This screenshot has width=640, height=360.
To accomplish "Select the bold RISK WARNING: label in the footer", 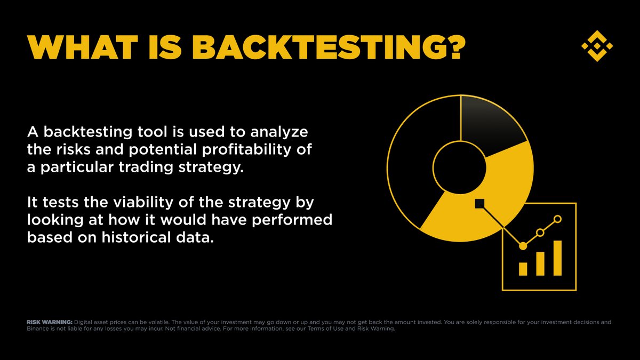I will (x=49, y=323).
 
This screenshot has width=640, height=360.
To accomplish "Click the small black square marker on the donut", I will (x=479, y=203).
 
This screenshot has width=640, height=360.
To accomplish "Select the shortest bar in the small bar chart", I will (x=523, y=268).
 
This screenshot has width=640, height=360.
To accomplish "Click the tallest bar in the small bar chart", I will (x=557, y=258).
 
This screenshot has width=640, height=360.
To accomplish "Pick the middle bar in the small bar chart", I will (x=540, y=263).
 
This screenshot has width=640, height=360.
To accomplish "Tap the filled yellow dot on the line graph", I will (x=523, y=246).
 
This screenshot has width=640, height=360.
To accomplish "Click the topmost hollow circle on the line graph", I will (x=558, y=219).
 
